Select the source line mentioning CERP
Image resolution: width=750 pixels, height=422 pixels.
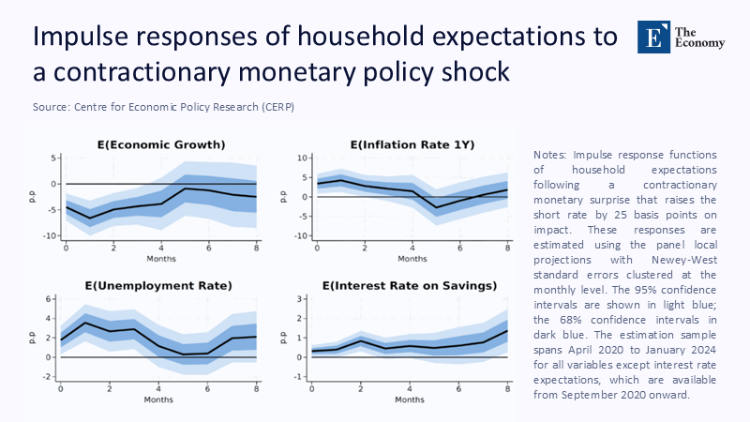163,107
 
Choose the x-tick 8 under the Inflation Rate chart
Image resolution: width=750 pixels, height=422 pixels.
507,247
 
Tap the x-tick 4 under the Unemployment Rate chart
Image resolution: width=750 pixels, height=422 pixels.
158,387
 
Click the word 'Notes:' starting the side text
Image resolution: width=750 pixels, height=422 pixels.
547,155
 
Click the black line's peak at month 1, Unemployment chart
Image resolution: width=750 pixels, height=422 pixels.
85,324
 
